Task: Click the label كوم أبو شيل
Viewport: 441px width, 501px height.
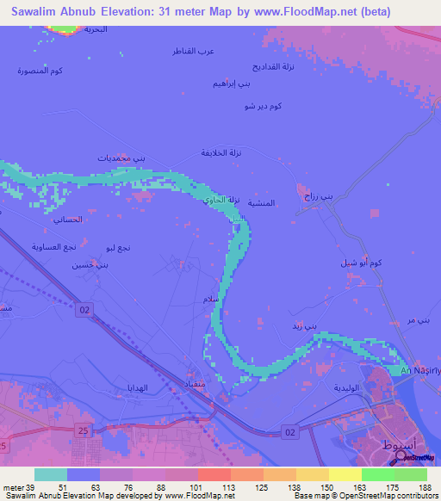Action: pos(361,262)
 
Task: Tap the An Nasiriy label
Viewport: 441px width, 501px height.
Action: pos(420,370)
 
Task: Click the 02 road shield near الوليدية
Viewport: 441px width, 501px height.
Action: pos(290,430)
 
